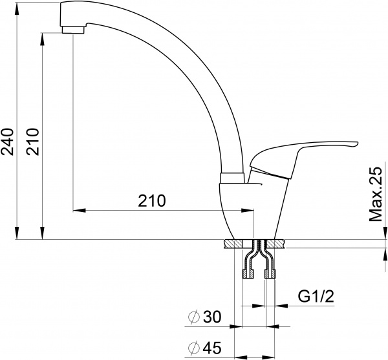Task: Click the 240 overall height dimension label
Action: (x=7, y=142)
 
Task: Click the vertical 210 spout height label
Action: (x=33, y=142)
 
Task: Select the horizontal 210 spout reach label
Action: (x=152, y=200)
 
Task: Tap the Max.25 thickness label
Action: (x=376, y=195)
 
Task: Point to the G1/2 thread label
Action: (x=316, y=296)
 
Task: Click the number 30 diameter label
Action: (x=212, y=317)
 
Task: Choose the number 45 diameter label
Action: (x=212, y=348)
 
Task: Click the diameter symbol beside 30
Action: (x=194, y=317)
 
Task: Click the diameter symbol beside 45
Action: (x=194, y=348)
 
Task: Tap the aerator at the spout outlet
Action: (x=73, y=30)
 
